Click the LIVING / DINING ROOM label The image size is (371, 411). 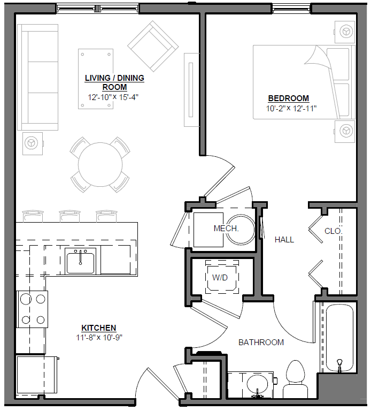tap(114, 82)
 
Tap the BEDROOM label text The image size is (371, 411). tap(288, 98)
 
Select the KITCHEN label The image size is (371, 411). tap(98, 328)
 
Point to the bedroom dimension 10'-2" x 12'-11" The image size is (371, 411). tap(291, 108)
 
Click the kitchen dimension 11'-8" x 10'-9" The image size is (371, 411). tap(98, 337)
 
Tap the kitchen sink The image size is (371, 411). tap(81, 261)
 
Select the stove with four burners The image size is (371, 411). tap(32, 309)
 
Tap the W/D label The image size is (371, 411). tap(221, 278)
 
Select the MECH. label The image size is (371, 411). tap(226, 229)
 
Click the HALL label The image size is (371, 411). tap(284, 240)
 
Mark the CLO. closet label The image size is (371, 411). tap(333, 231)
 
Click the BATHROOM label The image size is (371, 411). tap(261, 342)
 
